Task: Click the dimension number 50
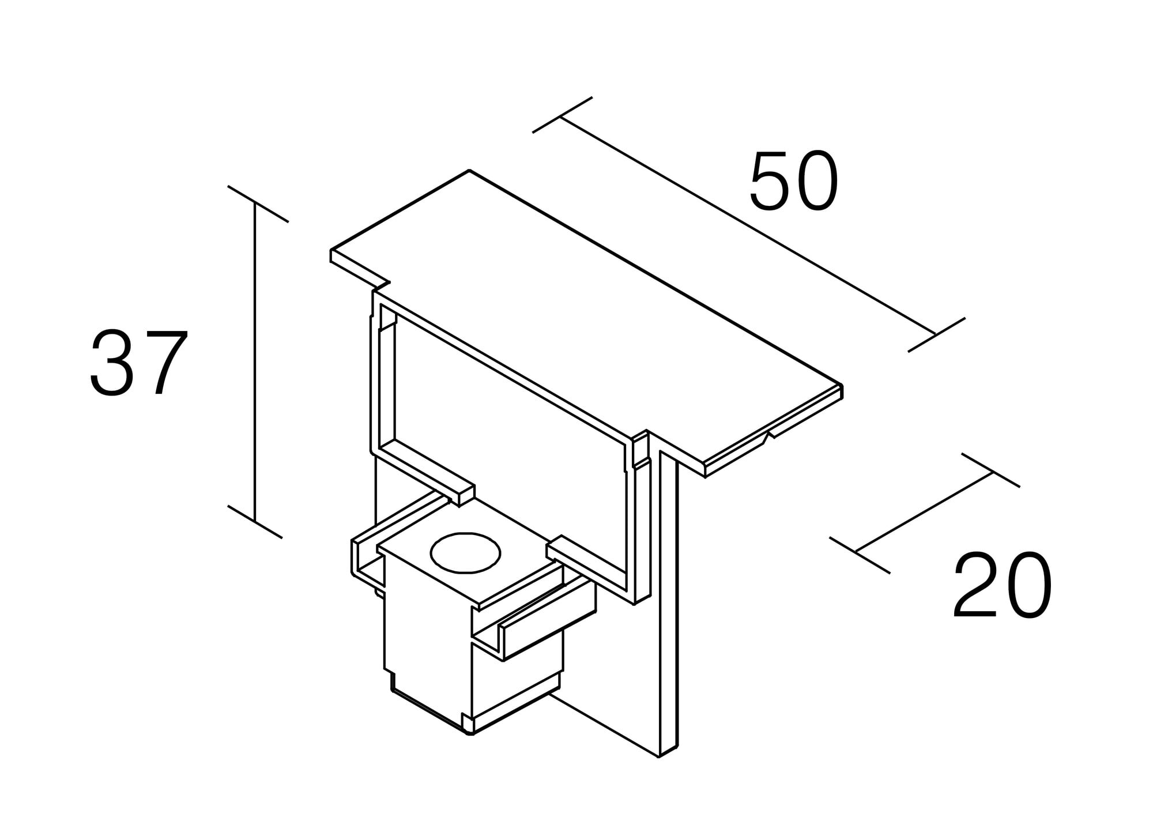coord(794,181)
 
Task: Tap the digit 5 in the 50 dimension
coord(770,181)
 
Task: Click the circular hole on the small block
coord(465,553)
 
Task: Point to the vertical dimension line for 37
coord(255,362)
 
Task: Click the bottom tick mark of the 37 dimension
coord(255,522)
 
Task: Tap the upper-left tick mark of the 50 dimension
coord(562,115)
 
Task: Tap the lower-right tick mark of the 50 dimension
coord(936,334)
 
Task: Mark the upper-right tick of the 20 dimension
coord(990,470)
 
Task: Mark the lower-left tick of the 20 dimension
coord(859,555)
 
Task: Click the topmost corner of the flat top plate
coord(469,171)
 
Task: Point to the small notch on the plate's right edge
coord(768,434)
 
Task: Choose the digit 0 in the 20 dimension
coord(1029,585)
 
